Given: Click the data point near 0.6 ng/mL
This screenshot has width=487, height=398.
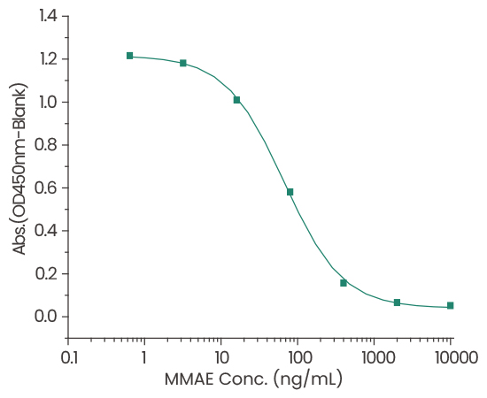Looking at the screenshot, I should point(129,56).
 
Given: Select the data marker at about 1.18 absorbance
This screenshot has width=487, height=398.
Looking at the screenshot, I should point(183,63).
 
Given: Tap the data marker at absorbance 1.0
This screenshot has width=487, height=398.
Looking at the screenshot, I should point(236,100).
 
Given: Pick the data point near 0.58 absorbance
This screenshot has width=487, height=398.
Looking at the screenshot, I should point(290,192).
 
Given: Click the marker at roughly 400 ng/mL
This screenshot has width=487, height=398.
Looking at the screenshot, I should point(344,283).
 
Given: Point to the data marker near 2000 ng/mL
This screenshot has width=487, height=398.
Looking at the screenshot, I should point(397,302).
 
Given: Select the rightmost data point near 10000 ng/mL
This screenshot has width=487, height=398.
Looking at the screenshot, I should point(451,306).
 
